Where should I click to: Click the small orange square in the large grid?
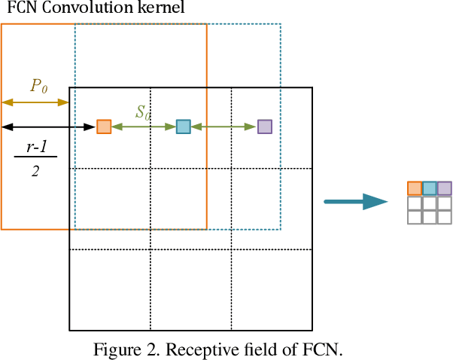click(x=104, y=127)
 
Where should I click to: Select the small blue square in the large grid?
click(x=183, y=127)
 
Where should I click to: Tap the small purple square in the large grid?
click(x=264, y=127)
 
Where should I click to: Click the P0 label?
click(x=38, y=86)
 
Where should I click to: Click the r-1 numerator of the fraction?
click(x=35, y=148)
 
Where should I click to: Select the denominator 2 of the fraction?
click(x=35, y=170)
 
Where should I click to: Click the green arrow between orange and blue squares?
click(x=143, y=127)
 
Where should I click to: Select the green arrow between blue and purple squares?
click(x=223, y=127)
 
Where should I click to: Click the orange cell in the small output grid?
click(x=415, y=188)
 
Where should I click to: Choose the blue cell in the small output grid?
click(x=430, y=188)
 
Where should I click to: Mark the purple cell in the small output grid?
click(x=445, y=188)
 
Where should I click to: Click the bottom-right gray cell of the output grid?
click(x=445, y=218)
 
